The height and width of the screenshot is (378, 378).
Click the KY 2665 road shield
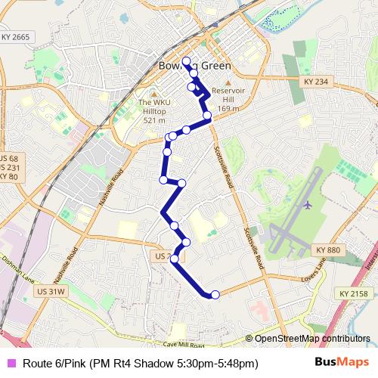pos(15,36)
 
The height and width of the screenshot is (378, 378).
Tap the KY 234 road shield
pos(315,81)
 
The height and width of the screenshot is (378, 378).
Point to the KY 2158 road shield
pos(353,293)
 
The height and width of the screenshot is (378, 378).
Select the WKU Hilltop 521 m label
pos(153,111)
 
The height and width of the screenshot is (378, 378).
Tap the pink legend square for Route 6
pos(10,364)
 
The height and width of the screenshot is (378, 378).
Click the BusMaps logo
pos(342,363)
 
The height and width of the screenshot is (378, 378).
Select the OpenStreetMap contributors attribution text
pos(311,339)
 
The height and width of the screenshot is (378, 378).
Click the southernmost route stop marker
pos(215,294)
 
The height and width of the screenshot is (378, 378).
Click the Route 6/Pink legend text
pos(141,364)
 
